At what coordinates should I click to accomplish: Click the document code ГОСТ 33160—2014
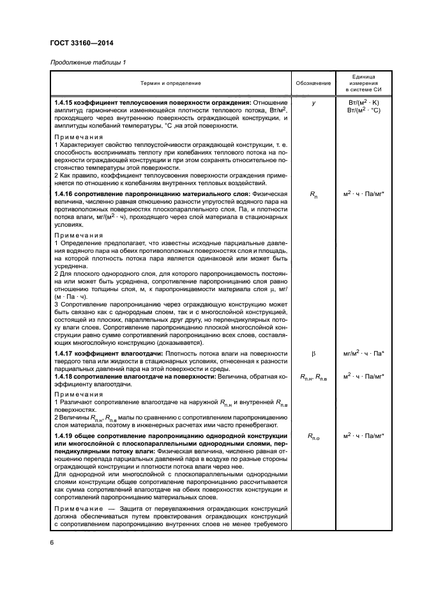pos(77,43)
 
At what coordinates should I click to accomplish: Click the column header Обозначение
pos(313,83)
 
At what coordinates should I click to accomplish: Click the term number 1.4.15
pos(65,102)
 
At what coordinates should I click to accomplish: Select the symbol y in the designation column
pos(313,102)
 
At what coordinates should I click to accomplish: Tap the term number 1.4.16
pos(65,193)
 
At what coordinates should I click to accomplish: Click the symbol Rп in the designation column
pos(313,194)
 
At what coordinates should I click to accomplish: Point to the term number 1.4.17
pos(65,353)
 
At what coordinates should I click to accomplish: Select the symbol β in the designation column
pos(313,353)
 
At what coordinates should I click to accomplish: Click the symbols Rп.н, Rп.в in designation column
pos(313,377)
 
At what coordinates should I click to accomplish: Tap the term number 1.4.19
pos(65,435)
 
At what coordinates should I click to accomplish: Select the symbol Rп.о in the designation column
pos(313,437)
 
